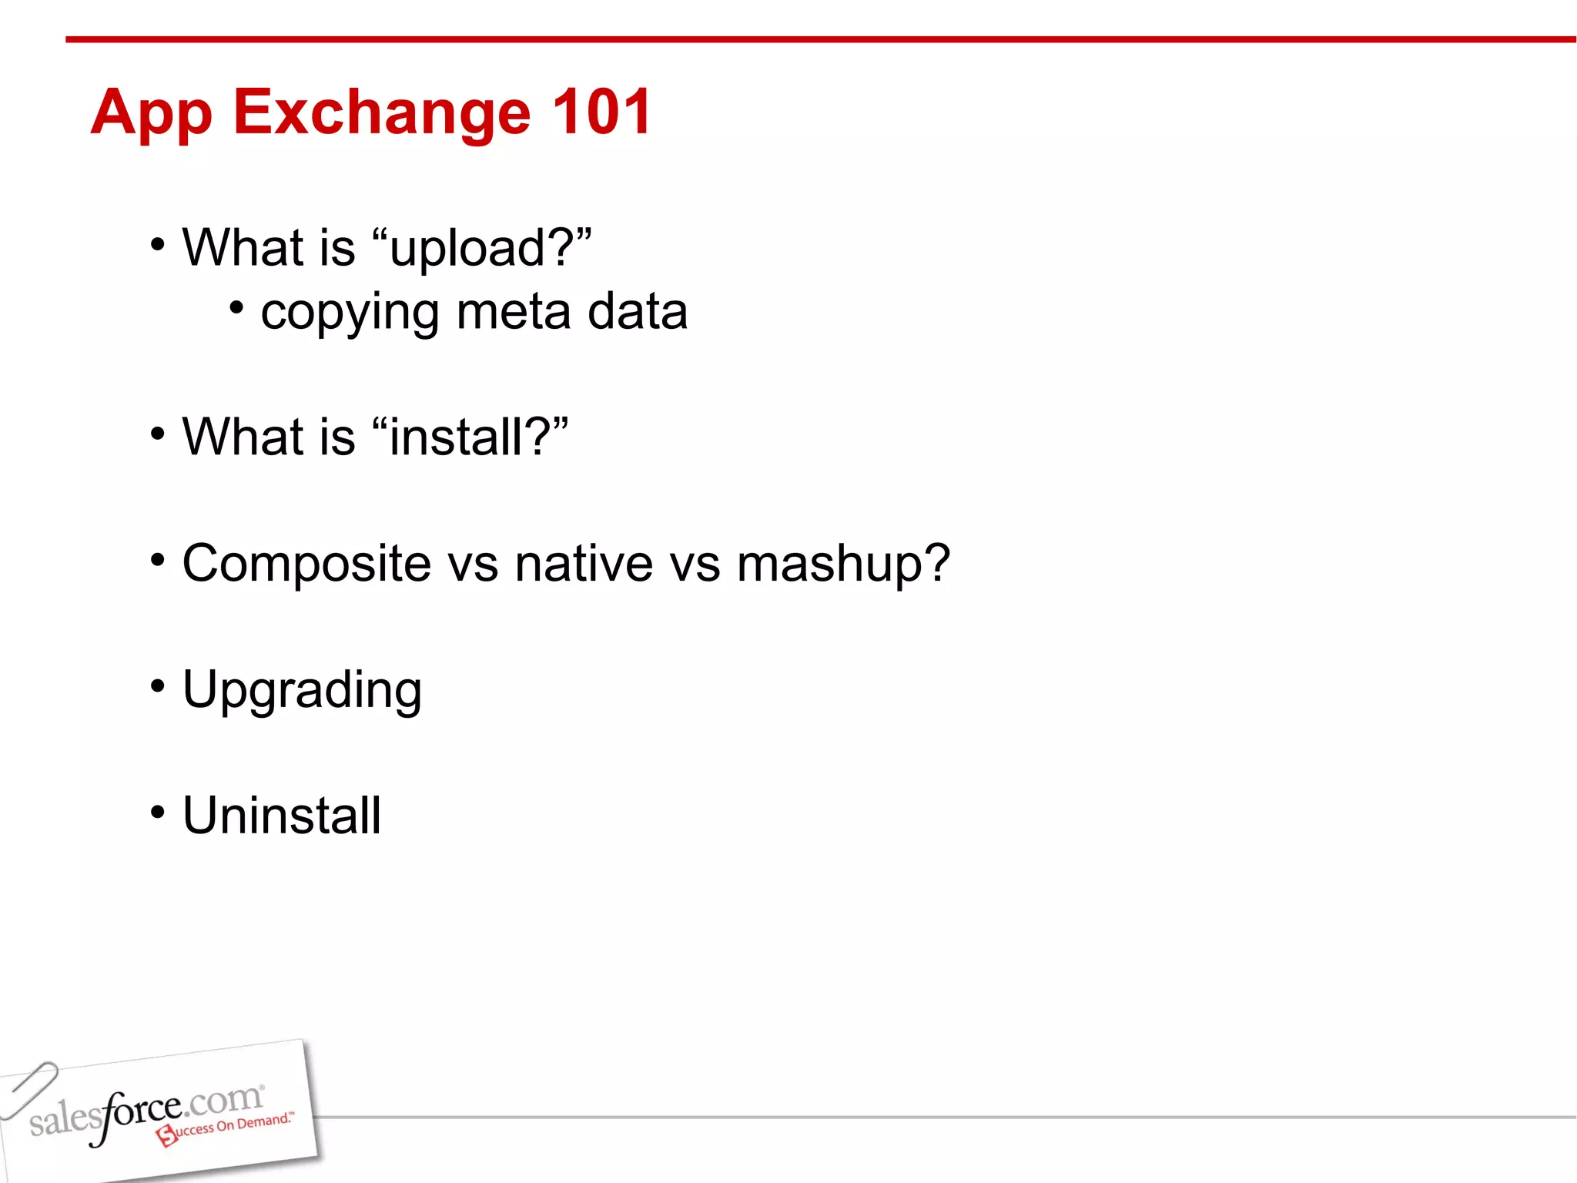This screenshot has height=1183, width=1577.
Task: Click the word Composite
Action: [x=306, y=565]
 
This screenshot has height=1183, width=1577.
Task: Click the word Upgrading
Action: [x=302, y=691]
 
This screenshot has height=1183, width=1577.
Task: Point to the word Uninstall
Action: [x=282, y=816]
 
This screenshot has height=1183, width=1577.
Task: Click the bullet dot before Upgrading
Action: [x=158, y=685]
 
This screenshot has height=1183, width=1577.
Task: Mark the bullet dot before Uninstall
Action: [x=158, y=811]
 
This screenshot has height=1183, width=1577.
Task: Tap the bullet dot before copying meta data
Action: [x=236, y=308]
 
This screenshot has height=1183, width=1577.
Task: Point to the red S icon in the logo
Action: [x=166, y=1135]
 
